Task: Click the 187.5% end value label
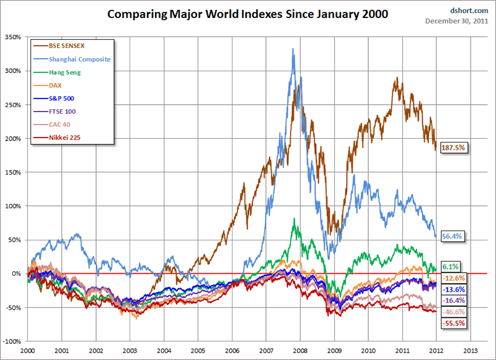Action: [453, 148]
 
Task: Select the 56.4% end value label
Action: [452, 236]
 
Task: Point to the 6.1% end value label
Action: [450, 266]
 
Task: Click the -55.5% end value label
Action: [453, 323]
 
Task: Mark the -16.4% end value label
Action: [453, 301]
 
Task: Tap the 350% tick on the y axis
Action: [13, 37]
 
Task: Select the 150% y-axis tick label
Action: [13, 172]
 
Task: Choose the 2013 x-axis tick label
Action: [470, 351]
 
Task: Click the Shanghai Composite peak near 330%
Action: [293, 49]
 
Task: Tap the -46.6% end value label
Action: [453, 312]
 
